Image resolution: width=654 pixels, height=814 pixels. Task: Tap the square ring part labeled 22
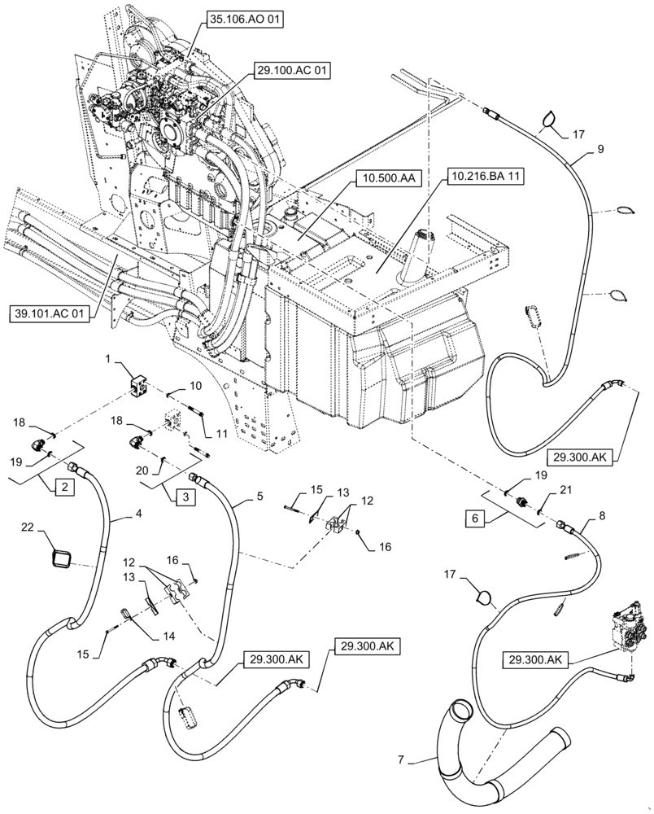click(x=62, y=559)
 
